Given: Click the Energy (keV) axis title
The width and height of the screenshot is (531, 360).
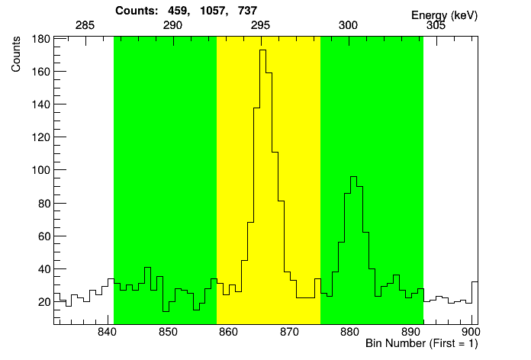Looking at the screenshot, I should coord(443,15).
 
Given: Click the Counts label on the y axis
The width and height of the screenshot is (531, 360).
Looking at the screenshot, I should coord(16,57).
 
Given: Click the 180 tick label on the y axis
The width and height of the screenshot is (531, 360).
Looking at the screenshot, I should coord(40,39).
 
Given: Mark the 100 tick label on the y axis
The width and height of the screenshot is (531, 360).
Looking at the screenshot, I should coord(40,170).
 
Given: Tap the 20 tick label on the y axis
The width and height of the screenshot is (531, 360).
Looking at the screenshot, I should coord(43,301).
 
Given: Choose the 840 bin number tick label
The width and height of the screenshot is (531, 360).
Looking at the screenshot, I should coord(106,333).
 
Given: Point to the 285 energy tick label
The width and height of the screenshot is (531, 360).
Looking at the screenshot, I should coord(85,25).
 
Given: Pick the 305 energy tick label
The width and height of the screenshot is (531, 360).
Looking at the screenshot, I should coord(436,25).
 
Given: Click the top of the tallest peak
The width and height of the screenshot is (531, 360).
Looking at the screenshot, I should coord(263,50).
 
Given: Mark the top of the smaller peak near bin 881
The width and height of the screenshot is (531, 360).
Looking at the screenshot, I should coord(353,177).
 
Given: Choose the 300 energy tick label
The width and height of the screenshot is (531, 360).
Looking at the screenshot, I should coord(348,25).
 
